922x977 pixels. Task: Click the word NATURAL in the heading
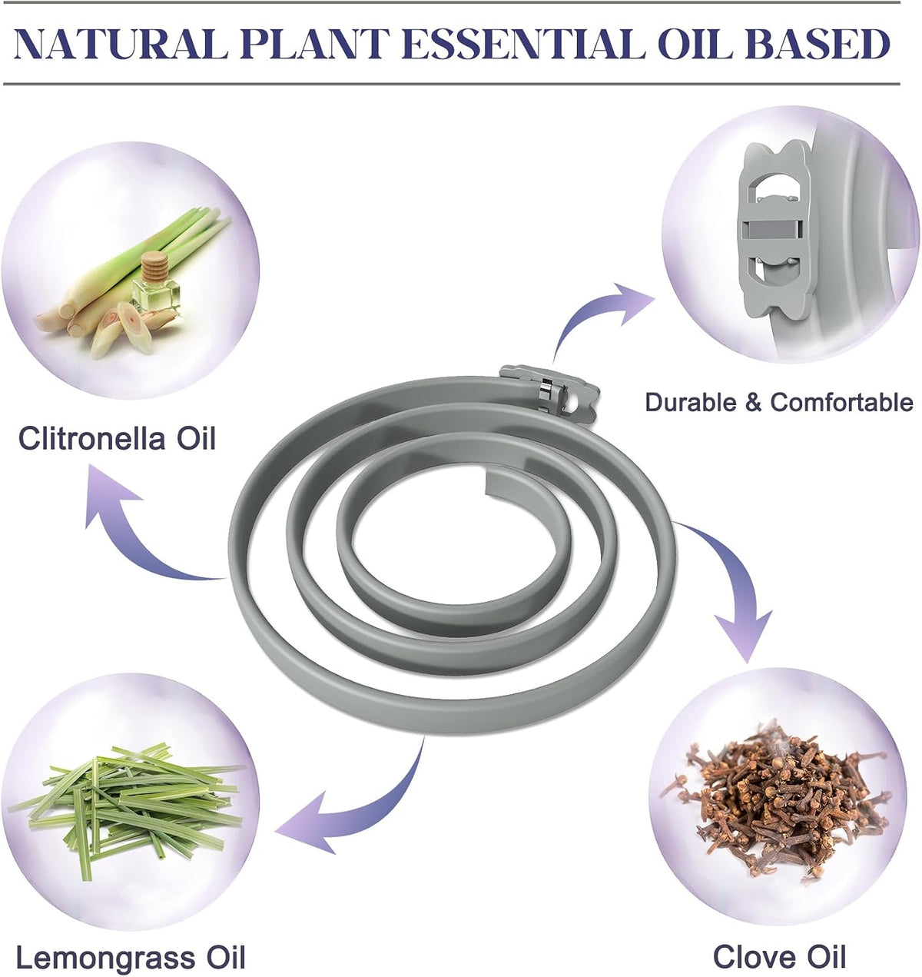(121, 45)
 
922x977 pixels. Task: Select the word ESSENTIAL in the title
(523, 45)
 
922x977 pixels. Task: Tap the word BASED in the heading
(818, 45)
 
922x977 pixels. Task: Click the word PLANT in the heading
(315, 45)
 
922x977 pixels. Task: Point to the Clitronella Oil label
(117, 438)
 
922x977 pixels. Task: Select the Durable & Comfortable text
(779, 402)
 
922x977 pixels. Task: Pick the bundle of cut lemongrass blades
(125, 807)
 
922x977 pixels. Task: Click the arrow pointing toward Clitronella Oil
(133, 531)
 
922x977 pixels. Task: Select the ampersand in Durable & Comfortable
(753, 403)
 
